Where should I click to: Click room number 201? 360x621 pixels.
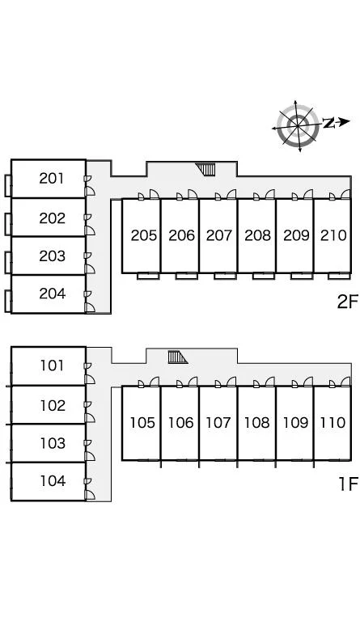[52, 179]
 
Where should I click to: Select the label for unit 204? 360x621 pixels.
[52, 294]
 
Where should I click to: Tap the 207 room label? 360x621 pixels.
[218, 235]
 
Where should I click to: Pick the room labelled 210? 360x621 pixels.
[333, 235]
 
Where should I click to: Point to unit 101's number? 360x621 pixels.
[53, 365]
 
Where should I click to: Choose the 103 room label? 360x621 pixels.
[53, 443]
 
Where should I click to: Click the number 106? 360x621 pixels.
[180, 423]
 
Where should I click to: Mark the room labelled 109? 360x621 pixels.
[295, 423]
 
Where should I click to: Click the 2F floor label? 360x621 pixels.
[347, 302]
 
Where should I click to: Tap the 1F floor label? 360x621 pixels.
[348, 484]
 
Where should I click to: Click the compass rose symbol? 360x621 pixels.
[298, 126]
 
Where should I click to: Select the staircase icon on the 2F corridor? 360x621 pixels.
[206, 169]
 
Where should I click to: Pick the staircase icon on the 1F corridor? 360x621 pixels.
[177, 357]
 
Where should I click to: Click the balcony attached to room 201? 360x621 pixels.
[8, 185]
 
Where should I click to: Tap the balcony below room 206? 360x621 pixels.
[187, 276]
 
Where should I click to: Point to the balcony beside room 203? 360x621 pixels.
[8, 262]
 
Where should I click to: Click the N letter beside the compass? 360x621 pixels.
[328, 123]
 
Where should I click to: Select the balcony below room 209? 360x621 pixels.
[302, 276]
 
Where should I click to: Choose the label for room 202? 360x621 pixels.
[52, 218]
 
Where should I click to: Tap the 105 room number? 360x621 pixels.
[142, 423]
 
